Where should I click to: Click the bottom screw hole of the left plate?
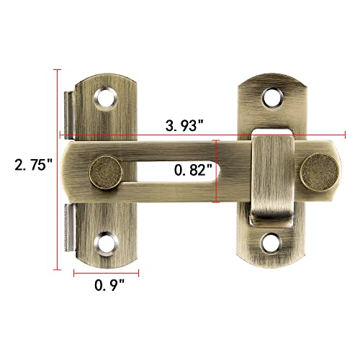[x=107, y=245]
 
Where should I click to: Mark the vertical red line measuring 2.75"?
[x=56, y=169]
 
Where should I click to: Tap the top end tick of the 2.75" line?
[x=56, y=70]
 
